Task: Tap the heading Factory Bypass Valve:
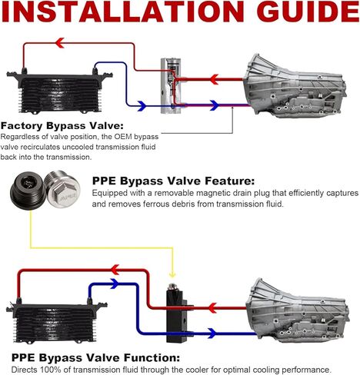point(62,126)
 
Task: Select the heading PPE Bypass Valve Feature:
point(173,181)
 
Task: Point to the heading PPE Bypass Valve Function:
point(95,357)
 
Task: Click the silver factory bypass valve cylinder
point(171,86)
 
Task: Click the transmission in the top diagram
point(295,86)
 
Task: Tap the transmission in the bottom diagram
point(298,310)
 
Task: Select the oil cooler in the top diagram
point(59,90)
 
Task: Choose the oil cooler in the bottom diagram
point(57,320)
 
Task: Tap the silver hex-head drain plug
point(62,188)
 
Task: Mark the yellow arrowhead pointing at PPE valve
point(172,275)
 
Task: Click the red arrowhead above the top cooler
point(60,43)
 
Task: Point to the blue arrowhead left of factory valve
point(142,105)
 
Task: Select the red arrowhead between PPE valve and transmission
point(212,307)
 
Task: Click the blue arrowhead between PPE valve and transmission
point(212,334)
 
